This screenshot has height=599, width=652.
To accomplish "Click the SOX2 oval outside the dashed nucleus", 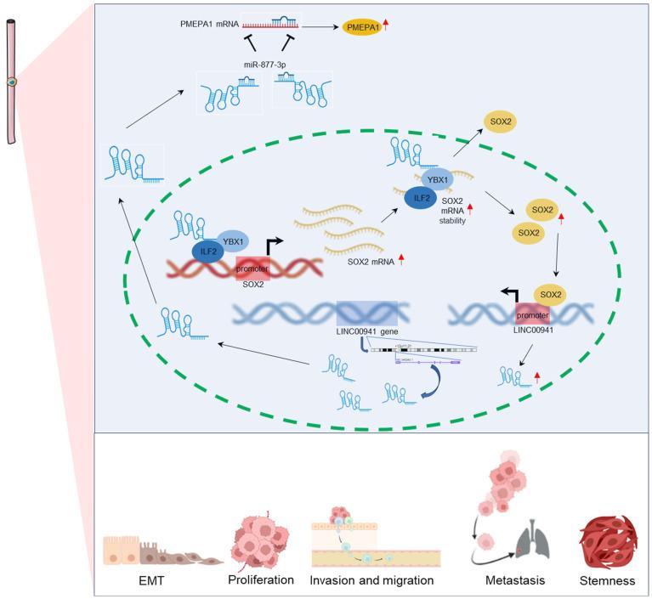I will point(500,122).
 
